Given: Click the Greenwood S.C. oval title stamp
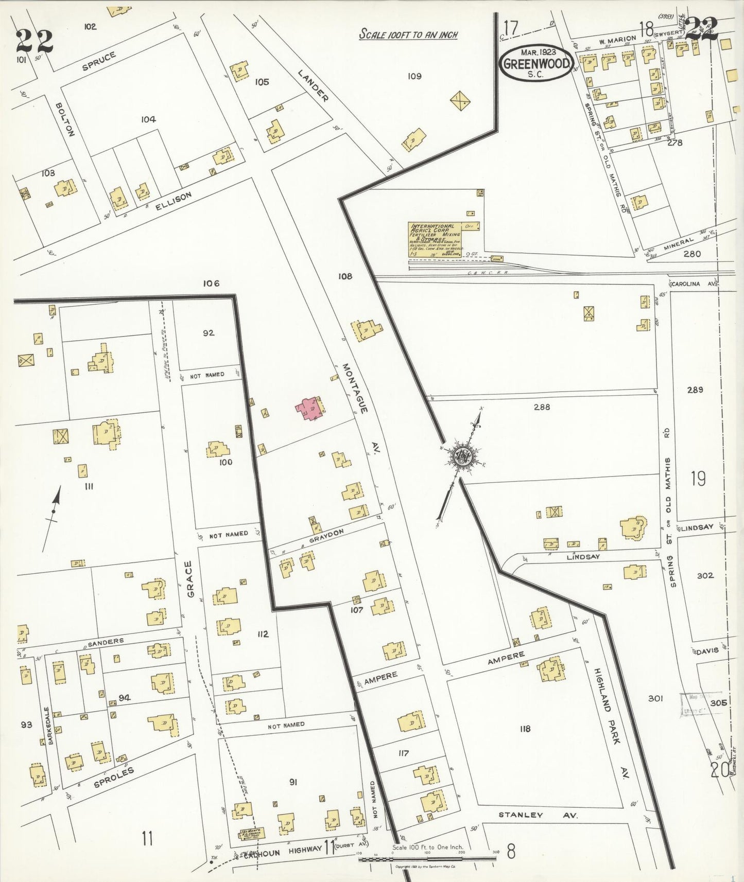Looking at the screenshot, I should click(x=537, y=63).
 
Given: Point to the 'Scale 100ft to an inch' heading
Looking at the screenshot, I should click(x=408, y=35).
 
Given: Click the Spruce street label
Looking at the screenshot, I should click(x=98, y=61).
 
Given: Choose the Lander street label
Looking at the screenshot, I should click(x=314, y=85).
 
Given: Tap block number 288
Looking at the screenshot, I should click(x=542, y=407).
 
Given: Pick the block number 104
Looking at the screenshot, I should click(x=148, y=119).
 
